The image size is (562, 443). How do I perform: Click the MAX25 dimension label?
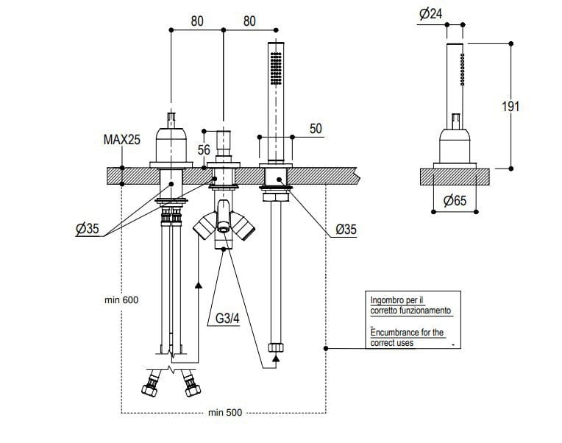[123, 138]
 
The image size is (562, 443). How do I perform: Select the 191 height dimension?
[511, 106]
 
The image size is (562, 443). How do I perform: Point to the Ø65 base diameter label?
[455, 200]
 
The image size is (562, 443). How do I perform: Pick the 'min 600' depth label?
[121, 300]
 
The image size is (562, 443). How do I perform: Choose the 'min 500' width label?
[224, 413]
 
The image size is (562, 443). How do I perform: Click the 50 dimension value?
[316, 129]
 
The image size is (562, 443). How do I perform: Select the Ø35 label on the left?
[87, 230]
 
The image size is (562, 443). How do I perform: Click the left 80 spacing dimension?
[197, 21]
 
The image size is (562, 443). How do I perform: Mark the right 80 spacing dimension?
[249, 21]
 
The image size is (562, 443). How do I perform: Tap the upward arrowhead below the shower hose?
[276, 358]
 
